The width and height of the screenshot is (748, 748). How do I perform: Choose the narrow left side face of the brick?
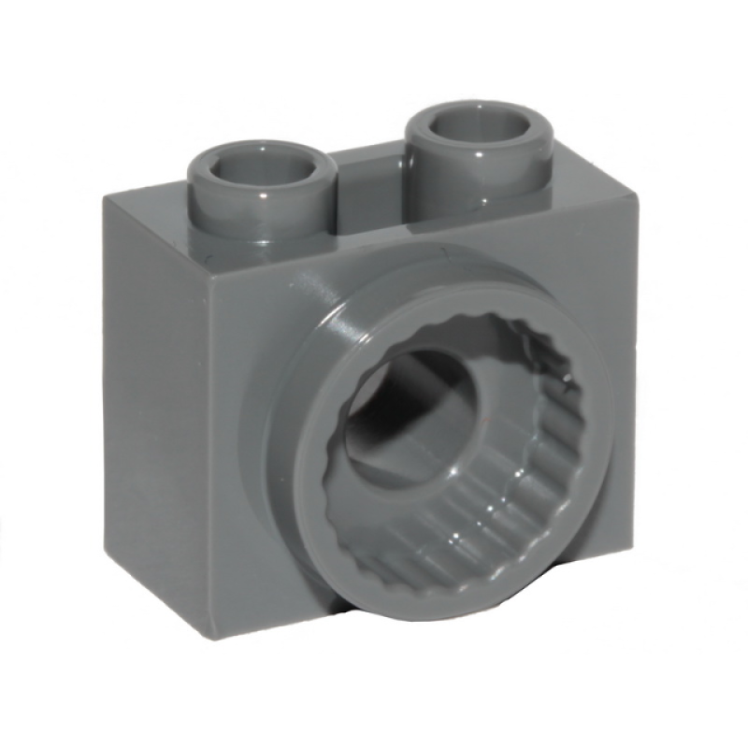pos(150,411)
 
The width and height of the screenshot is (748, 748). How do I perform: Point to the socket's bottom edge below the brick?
pos(439,617)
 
